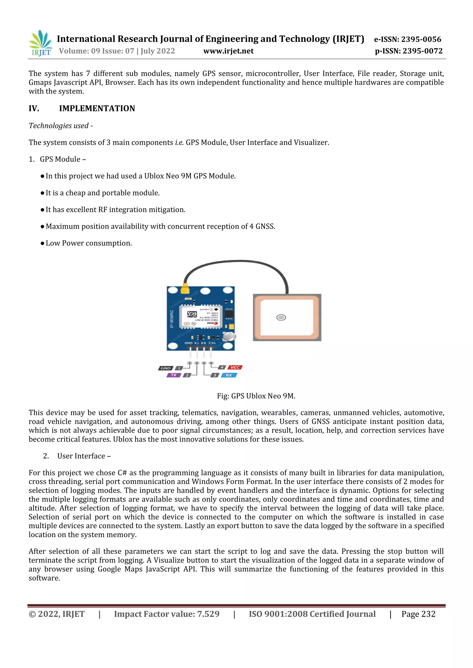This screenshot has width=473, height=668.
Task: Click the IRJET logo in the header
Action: point(40,43)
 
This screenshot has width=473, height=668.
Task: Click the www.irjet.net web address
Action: point(228,51)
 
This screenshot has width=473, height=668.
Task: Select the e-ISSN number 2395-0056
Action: point(422,39)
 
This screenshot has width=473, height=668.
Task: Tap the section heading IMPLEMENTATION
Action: point(97,108)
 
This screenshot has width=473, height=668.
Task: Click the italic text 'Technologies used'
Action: point(59,126)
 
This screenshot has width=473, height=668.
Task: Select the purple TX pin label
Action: point(174,375)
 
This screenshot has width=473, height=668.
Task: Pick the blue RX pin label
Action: point(229,375)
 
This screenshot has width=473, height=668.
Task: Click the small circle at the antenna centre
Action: point(281,317)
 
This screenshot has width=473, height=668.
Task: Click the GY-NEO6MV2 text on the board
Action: point(172,319)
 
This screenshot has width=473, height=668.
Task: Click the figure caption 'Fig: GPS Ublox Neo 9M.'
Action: point(256,396)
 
